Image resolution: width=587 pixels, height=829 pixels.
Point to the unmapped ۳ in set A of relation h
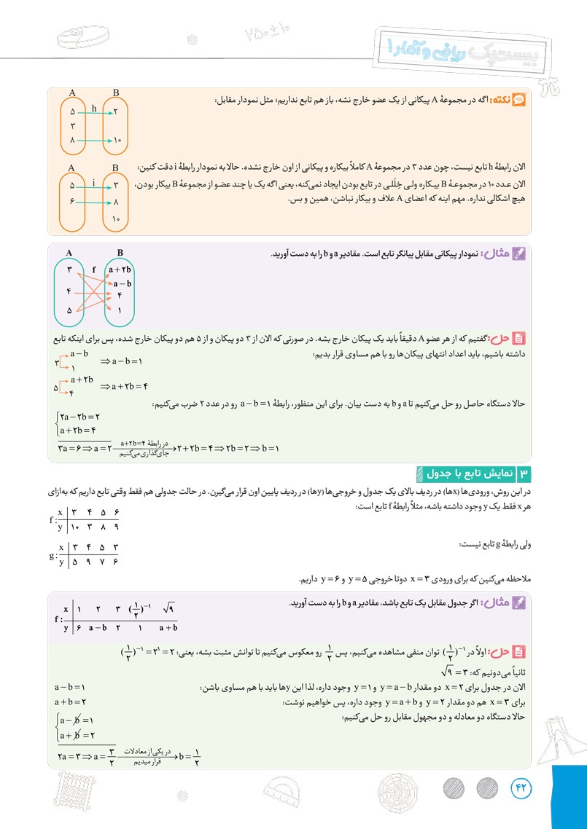pyautogui.click(x=73, y=126)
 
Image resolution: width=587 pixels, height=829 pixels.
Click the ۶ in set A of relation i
pyautogui.click(x=73, y=200)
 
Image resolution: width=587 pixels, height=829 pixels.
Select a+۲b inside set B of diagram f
pyautogui.click(x=120, y=270)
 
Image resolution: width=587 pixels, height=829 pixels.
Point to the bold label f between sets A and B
pyautogui.click(x=94, y=269)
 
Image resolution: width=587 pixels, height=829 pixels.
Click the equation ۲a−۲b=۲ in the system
pyautogui.click(x=77, y=417)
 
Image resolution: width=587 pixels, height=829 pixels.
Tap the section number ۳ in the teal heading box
pyautogui.click(x=522, y=474)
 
